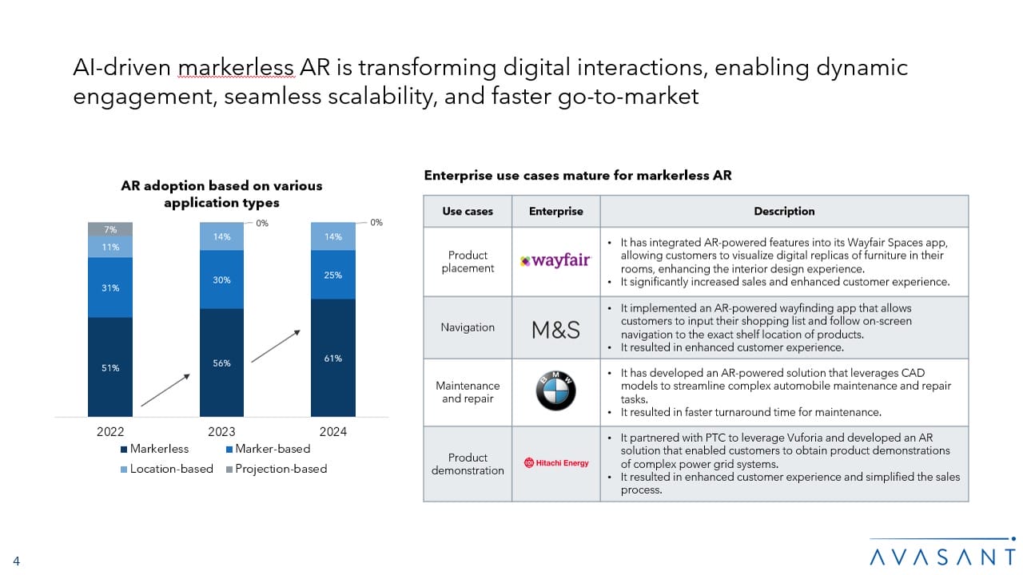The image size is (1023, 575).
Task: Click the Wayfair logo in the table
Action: point(555,261)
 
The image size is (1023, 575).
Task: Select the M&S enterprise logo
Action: point(555,329)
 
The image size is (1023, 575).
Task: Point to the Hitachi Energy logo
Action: point(556,463)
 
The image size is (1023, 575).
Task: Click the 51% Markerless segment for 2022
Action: point(110,367)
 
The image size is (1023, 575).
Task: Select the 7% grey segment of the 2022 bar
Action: point(110,229)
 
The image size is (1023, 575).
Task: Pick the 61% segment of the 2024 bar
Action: point(333,358)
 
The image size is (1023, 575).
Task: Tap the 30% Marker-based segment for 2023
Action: point(222,280)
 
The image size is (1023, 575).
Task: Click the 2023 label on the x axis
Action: point(221,432)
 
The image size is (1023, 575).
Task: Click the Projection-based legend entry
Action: point(275,469)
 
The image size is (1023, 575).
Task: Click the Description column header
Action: point(784,212)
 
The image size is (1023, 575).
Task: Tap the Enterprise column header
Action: point(555,212)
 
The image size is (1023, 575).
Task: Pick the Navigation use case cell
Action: point(468,327)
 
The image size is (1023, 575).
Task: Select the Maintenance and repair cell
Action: point(468,392)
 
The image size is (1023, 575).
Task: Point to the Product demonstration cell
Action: point(468,464)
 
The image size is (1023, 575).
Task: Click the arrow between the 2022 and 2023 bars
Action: point(166,389)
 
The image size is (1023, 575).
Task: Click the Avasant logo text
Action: point(942,556)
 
